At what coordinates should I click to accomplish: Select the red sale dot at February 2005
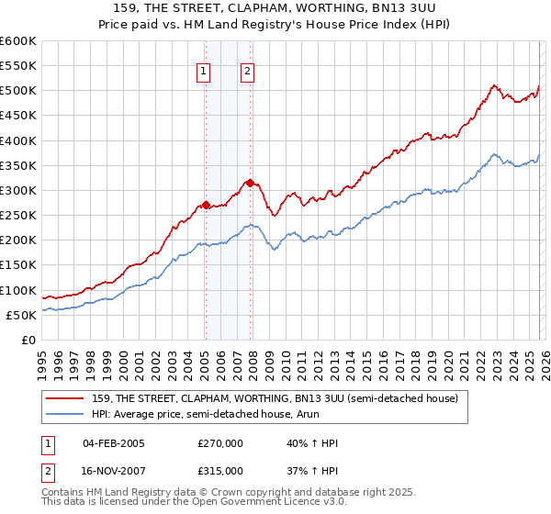(206, 205)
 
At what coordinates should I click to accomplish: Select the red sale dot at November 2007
(251, 183)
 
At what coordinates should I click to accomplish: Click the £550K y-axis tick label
(18, 66)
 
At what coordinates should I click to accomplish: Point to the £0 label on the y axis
(28, 341)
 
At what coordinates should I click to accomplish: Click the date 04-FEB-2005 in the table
(114, 443)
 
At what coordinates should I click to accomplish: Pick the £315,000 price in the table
(220, 470)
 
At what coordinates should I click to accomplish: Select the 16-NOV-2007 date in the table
(114, 470)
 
